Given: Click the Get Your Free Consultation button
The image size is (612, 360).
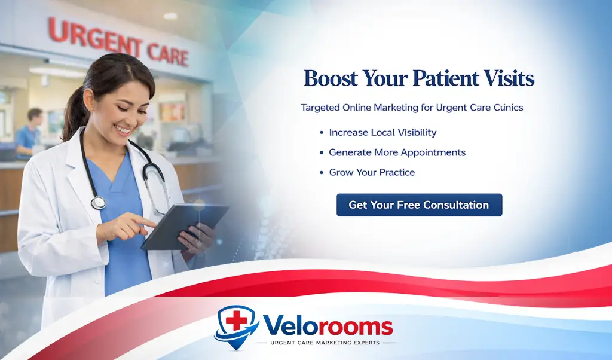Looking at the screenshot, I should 419,205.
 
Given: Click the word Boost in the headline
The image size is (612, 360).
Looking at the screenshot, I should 330,79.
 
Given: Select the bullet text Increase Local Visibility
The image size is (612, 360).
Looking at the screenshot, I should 382,132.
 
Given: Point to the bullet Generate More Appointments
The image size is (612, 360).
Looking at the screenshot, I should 397,152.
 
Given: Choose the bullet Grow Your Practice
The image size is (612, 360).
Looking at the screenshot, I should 372,172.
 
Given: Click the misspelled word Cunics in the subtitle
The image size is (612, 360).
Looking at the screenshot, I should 504,108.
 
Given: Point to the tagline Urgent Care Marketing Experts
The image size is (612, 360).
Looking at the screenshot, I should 325,343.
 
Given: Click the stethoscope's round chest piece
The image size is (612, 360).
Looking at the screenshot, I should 98,203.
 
